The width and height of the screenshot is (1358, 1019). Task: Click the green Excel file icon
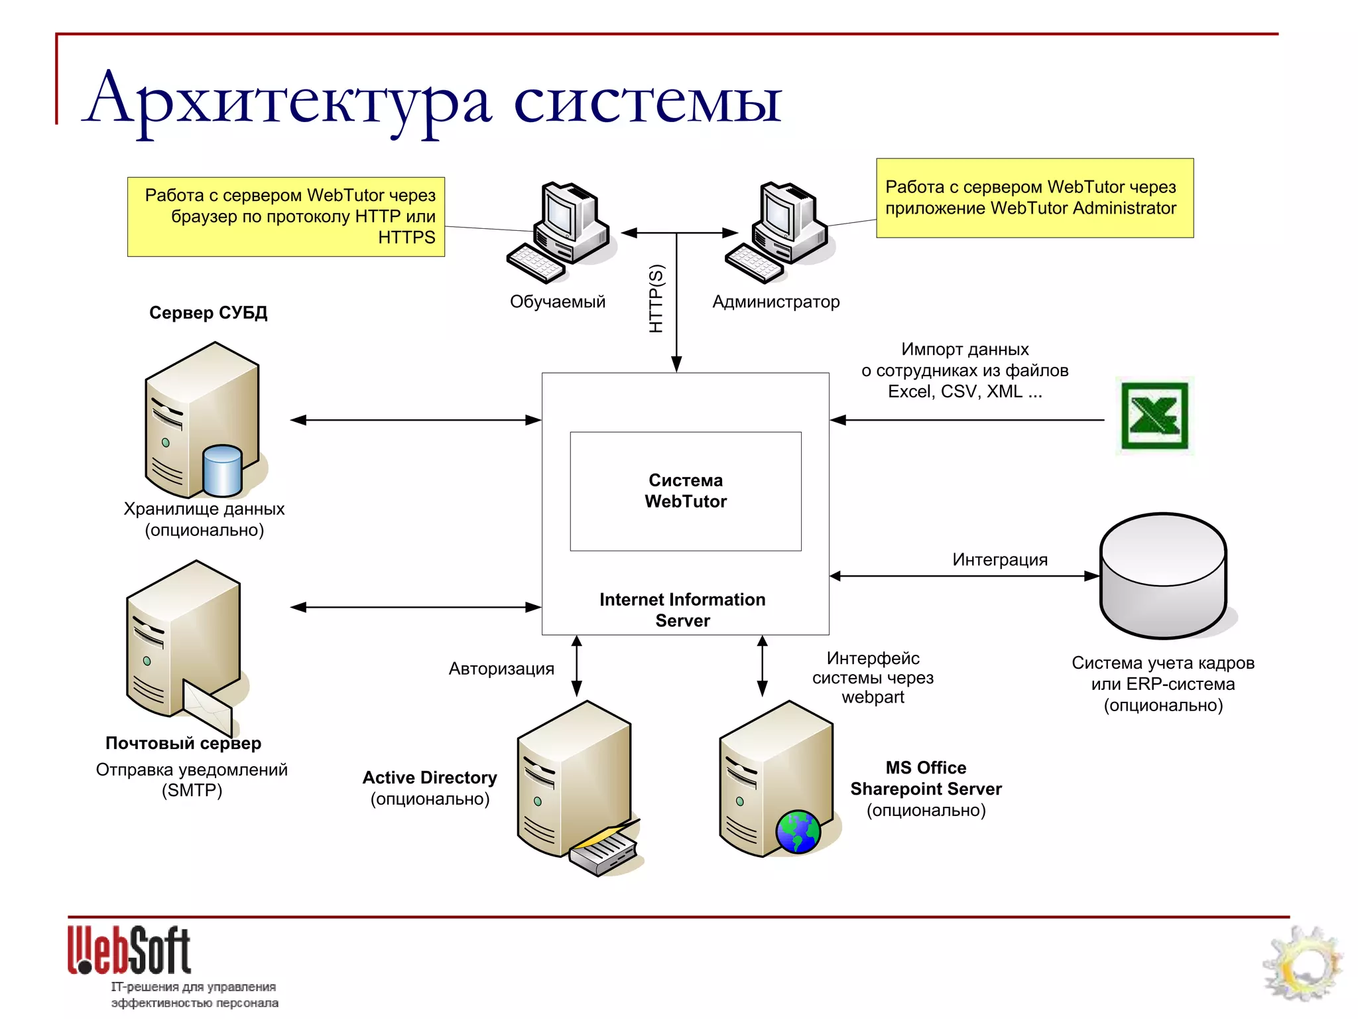tap(1154, 417)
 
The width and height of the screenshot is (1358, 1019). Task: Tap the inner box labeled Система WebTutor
tap(686, 491)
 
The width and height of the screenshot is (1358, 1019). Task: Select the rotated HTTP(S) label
tap(655, 299)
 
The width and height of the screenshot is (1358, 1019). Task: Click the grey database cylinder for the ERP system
tap(1163, 576)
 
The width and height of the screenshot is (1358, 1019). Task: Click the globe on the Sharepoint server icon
tap(798, 832)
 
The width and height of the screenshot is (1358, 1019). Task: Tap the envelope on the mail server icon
tap(207, 707)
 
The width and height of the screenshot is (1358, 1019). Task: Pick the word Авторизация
tap(501, 669)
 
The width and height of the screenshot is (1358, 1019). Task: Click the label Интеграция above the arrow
tap(1000, 560)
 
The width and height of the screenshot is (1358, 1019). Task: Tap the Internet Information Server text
tap(682, 610)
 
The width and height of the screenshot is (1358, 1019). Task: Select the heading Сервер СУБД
tap(208, 312)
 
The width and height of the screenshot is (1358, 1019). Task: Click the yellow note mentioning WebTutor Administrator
tap(1034, 198)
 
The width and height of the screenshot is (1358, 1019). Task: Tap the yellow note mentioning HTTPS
tap(286, 216)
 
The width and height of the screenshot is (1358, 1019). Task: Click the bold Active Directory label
tap(430, 778)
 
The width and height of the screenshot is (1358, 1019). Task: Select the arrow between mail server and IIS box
tap(416, 607)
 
